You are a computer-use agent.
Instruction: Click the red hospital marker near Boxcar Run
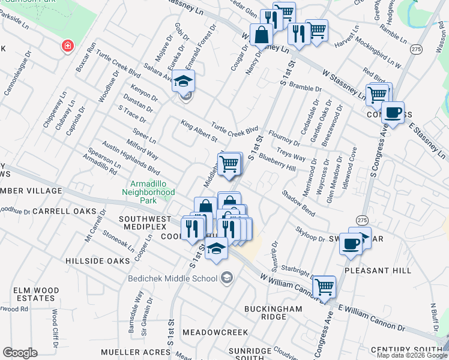68,46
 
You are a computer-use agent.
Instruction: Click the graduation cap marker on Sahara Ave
184,81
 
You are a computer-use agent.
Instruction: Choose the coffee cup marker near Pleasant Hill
351,243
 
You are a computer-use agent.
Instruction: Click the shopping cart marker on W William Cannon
324,287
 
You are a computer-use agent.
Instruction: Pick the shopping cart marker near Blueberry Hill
229,163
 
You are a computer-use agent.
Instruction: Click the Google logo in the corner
20,353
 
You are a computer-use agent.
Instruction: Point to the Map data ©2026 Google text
411,355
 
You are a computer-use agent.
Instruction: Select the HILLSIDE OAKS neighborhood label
98,261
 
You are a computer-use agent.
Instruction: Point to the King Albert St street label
199,131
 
